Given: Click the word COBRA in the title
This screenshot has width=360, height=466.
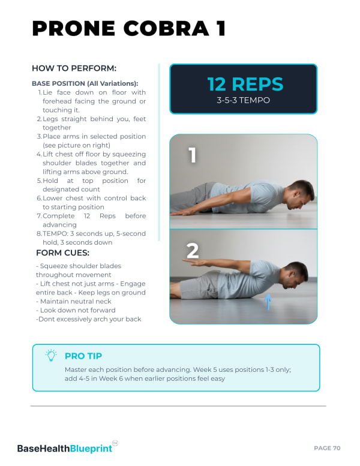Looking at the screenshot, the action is tap(166, 29).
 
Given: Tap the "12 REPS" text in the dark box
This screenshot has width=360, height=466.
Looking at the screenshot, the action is tap(245, 84).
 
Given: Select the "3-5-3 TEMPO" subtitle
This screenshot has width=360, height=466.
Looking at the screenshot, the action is tap(243, 100).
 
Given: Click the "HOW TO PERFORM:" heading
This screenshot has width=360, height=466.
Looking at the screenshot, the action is tap(74, 68).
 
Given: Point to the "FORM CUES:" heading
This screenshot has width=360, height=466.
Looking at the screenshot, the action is tap(62, 253).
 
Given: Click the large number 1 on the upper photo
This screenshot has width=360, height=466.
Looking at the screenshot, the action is tap(193, 155).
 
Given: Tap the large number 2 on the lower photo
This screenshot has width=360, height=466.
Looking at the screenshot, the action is tap(193, 251).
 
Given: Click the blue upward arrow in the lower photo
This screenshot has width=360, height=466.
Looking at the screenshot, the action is tap(268, 302).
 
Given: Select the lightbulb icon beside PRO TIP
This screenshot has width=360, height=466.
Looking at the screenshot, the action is tap(51, 355).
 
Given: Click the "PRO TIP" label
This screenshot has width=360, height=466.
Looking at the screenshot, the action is tap(83, 356).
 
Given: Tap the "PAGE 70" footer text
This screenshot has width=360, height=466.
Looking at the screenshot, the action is tap(327, 448).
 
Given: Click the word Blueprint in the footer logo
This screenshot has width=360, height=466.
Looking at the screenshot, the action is tap(91, 449).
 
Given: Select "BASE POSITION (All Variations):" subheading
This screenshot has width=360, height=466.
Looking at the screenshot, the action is tap(85, 83).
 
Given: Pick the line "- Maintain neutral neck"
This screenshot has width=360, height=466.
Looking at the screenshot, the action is tap(73, 301).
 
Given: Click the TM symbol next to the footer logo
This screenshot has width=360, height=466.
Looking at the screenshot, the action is tap(115, 443).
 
